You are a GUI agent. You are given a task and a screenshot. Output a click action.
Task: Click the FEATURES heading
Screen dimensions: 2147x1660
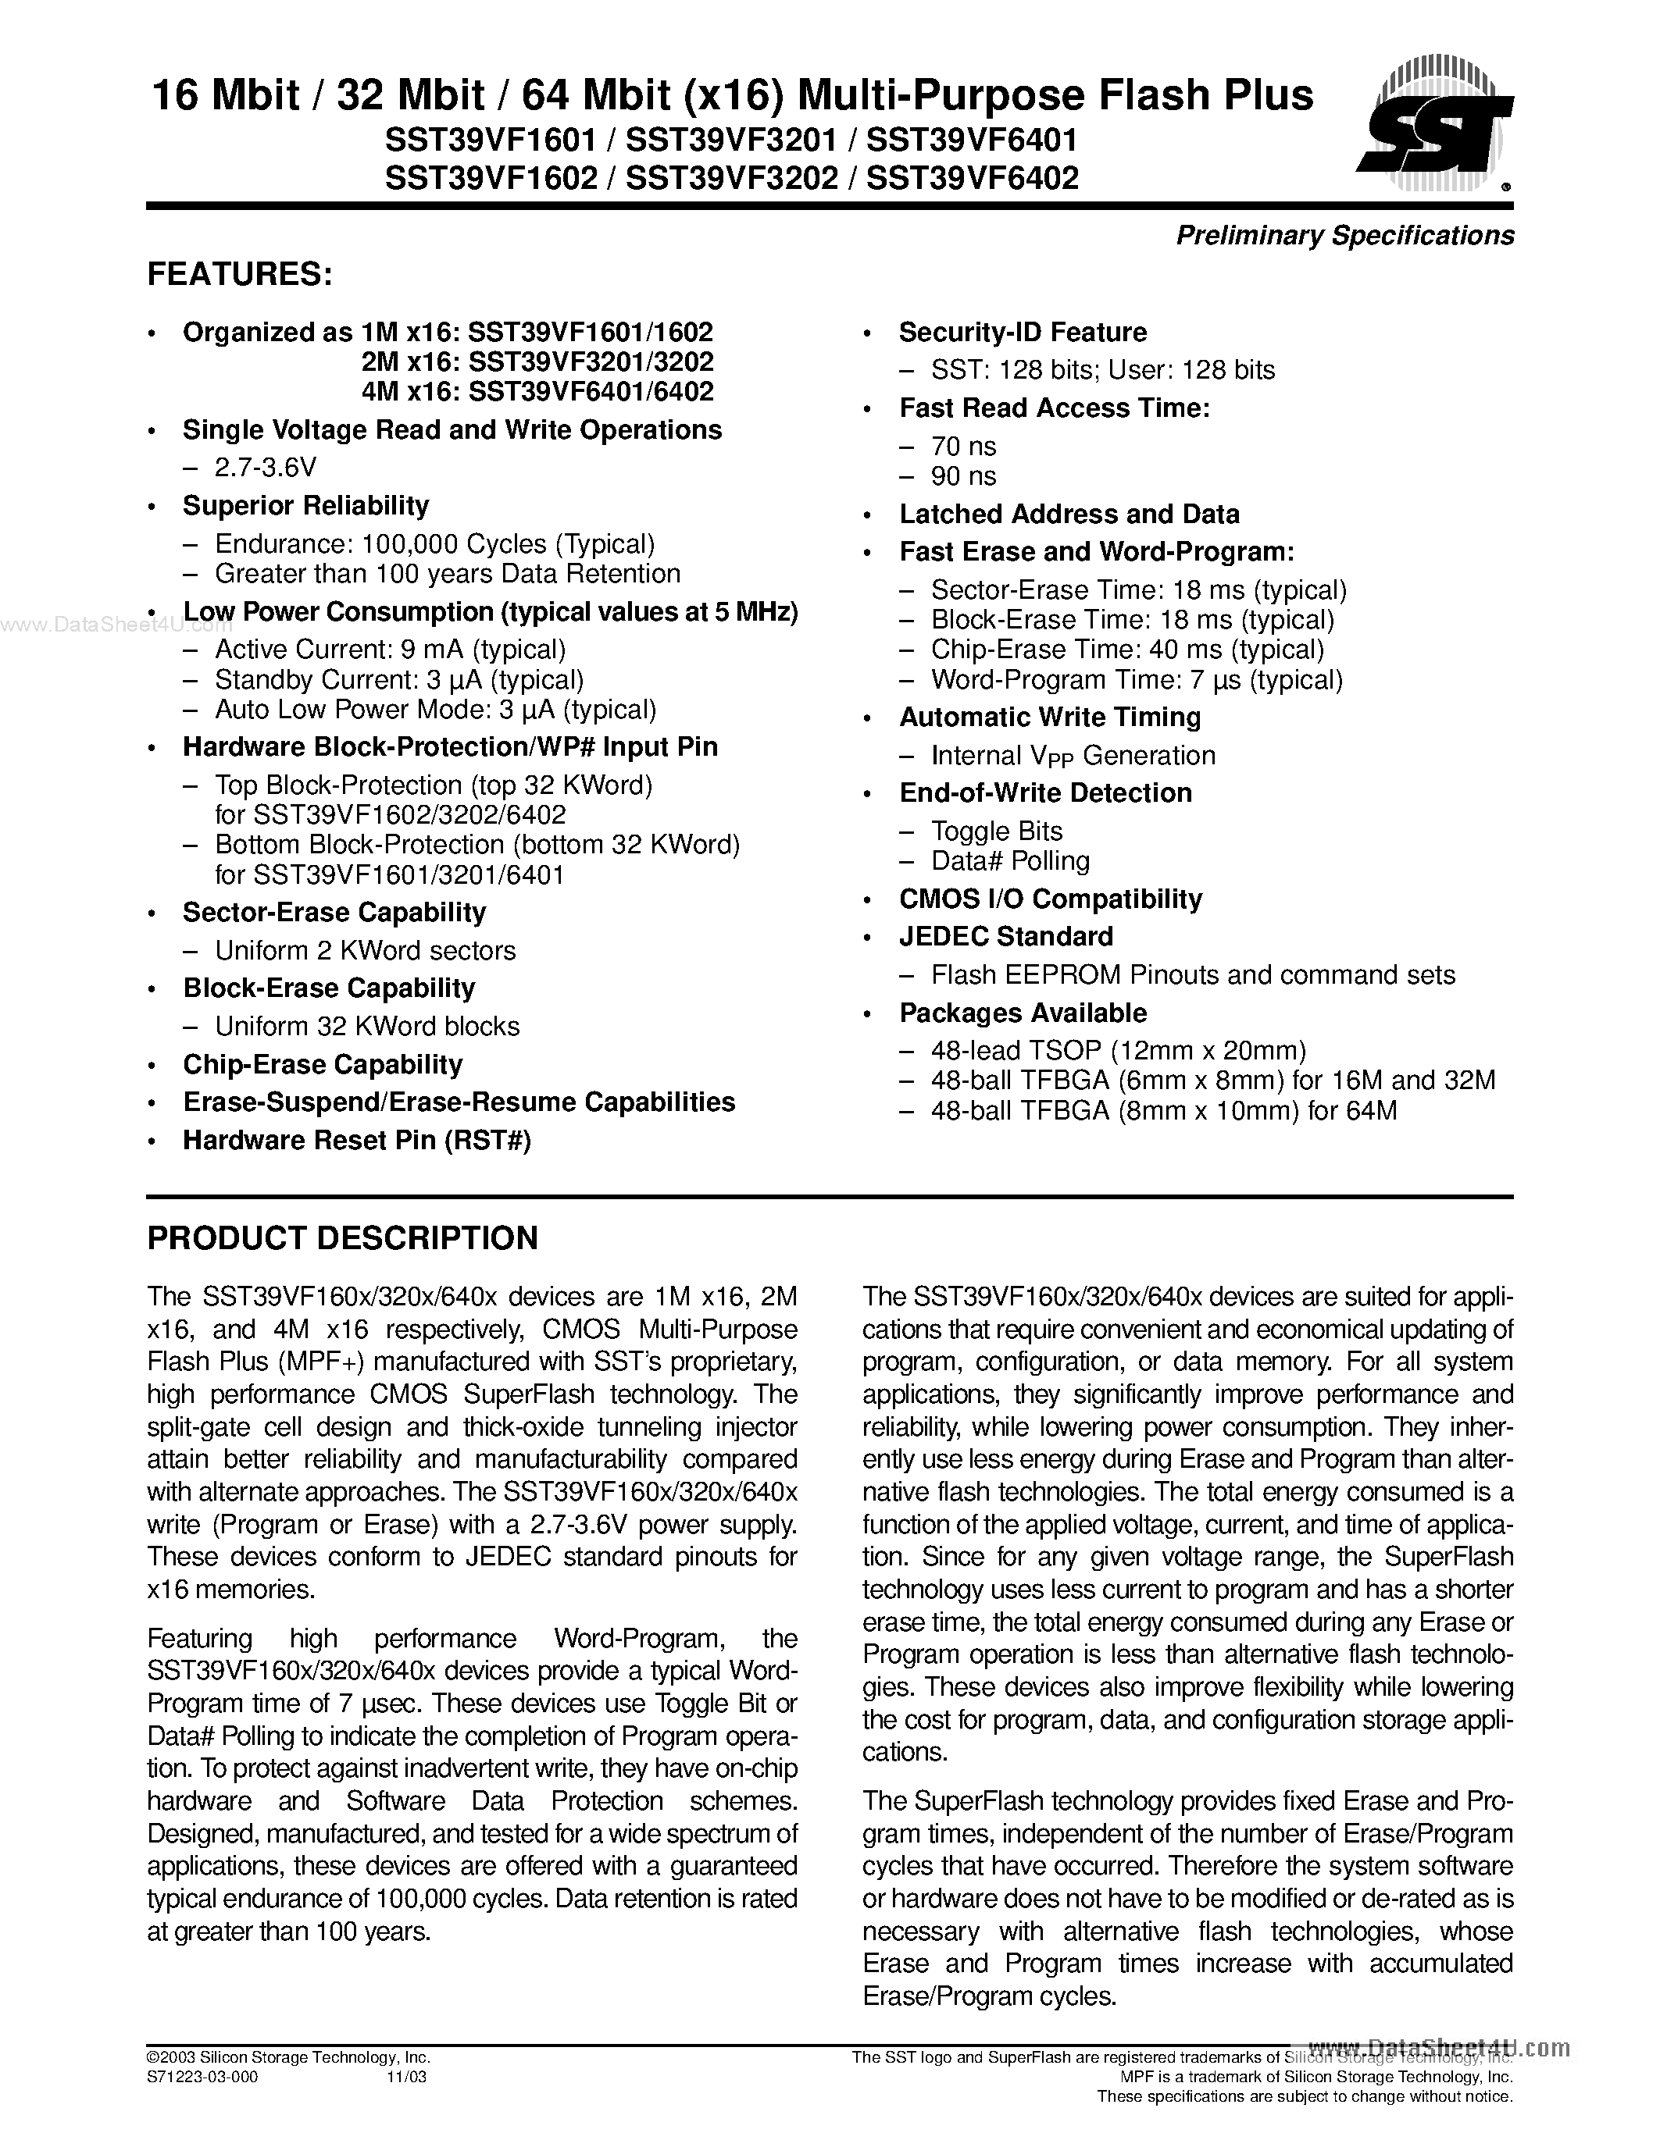tap(239, 274)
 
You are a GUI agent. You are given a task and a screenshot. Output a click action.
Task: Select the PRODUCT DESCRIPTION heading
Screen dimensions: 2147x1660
tap(342, 1237)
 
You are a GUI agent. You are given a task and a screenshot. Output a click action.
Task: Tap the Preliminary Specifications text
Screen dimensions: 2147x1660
tap(1344, 236)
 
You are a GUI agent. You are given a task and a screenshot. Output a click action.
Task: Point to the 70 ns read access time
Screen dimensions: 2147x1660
tap(962, 447)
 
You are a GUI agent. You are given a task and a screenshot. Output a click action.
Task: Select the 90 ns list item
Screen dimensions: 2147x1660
tap(962, 477)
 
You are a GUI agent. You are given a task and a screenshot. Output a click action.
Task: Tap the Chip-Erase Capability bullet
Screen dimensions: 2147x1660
tap(323, 1065)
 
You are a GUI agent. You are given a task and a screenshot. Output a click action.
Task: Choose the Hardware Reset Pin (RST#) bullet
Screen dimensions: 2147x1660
tap(356, 1141)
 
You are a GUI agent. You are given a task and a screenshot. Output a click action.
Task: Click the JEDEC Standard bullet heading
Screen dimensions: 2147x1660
tap(1005, 937)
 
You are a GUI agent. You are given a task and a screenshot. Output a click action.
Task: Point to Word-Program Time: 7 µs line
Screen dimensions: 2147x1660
tap(1136, 680)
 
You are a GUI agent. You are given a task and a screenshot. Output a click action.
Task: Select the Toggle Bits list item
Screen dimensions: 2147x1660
tap(996, 831)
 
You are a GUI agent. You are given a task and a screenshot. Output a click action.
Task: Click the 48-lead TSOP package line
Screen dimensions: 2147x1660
tap(1117, 1051)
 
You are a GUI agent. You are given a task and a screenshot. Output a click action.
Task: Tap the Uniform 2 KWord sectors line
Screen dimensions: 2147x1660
tap(365, 951)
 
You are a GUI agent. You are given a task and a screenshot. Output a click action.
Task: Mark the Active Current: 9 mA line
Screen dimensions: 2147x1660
tap(390, 650)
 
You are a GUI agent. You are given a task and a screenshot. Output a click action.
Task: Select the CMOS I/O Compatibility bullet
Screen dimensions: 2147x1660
tap(1050, 899)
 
